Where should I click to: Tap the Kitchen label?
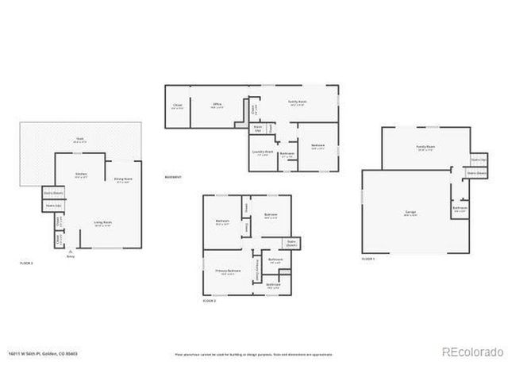point(80,175)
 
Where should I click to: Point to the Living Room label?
point(102,223)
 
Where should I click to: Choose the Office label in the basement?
point(215,102)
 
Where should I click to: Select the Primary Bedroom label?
point(228,271)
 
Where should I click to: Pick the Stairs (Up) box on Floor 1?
point(478,160)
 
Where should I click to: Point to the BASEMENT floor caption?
point(173,177)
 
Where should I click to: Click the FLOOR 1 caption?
point(368,259)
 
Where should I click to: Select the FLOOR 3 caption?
point(26,262)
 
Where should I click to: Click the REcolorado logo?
point(471,352)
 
